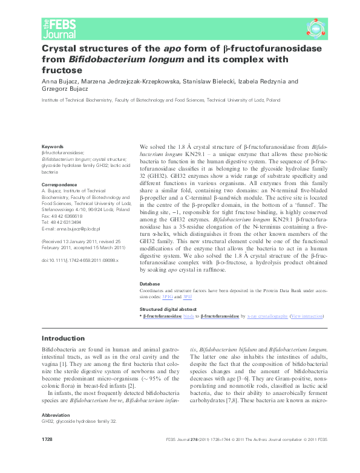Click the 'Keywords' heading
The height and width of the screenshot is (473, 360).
coord(51,146)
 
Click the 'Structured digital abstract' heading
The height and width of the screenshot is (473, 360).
coord(171,308)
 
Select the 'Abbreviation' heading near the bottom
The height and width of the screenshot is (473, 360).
coord(57,433)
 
